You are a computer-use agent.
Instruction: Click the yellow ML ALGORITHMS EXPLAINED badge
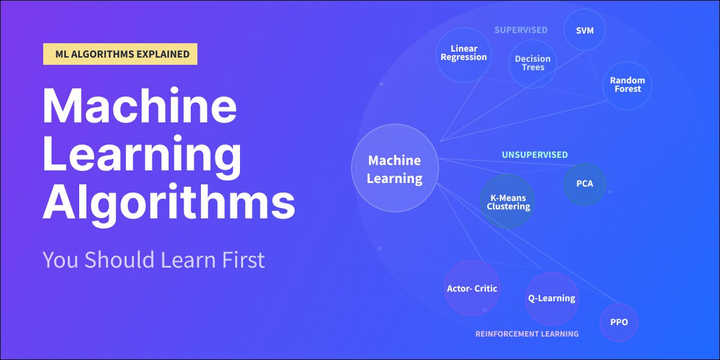pos(120,54)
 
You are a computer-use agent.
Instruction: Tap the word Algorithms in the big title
pos(169,202)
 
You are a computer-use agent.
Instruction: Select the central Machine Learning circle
pos(395,168)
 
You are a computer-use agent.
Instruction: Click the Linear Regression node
pos(464,55)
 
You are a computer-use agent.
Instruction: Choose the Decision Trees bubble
pos(533,64)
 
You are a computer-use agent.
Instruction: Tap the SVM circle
pos(584,30)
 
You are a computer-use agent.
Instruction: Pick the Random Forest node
pos(628,85)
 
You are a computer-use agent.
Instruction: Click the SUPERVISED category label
pos(521,30)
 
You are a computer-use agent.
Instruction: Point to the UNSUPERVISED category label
pos(535,155)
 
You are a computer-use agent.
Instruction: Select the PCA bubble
pos(584,184)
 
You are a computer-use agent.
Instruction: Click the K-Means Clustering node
pos(508,202)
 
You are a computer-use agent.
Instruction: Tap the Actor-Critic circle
pos(472,288)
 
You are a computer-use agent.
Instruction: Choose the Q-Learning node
pos(552,299)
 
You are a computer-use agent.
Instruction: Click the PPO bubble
pos(619,322)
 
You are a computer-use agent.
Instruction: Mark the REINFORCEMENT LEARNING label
pos(527,334)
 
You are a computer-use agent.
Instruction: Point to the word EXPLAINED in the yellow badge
pos(163,54)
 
